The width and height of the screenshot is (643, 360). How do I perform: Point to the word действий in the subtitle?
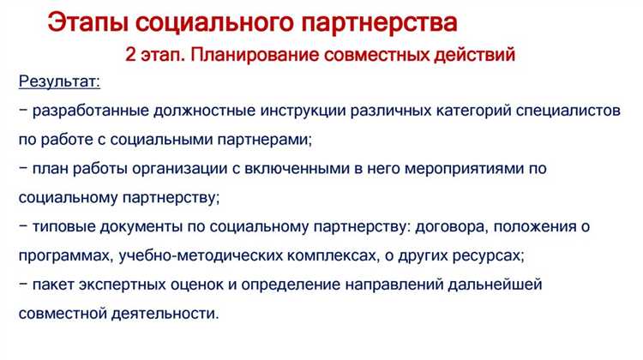pyautogui.click(x=475, y=57)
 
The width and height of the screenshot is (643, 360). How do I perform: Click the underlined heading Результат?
pyautogui.click(x=57, y=82)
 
